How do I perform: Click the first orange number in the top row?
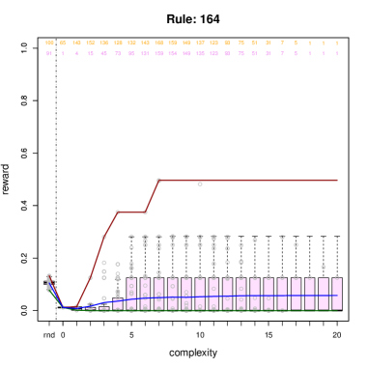[49, 43]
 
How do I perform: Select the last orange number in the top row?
[336, 43]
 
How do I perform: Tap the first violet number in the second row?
[49, 54]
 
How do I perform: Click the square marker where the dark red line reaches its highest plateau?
[158, 181]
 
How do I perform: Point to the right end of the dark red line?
[337, 180]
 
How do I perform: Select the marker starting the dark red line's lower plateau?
[118, 212]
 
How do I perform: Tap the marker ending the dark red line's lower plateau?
[145, 212]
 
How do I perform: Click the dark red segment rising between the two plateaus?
[152, 196]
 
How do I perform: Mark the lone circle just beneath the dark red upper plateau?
[200, 184]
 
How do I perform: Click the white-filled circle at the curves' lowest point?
[64, 310]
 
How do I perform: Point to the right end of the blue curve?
[337, 296]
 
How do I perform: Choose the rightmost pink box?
[337, 294]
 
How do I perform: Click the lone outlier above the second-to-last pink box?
[323, 267]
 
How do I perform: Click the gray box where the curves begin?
[49, 283]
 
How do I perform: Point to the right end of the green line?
[337, 311]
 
